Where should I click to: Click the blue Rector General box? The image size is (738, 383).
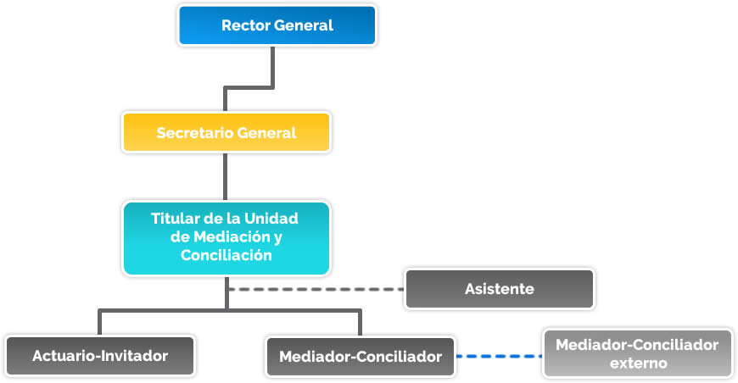(x=277, y=25)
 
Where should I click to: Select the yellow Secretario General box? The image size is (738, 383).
(x=226, y=133)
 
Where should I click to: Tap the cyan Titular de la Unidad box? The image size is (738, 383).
(x=226, y=237)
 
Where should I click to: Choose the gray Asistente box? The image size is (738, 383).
(x=499, y=289)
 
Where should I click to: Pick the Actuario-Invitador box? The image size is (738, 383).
(x=100, y=356)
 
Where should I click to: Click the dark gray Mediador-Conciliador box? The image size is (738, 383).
(x=361, y=357)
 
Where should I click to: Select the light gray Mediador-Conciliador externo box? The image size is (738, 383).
(x=637, y=353)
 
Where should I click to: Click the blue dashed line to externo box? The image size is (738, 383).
(x=499, y=356)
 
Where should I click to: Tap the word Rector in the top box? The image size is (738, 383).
(x=246, y=25)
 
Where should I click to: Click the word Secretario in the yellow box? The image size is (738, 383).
(x=195, y=133)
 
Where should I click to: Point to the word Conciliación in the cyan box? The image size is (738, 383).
(x=226, y=255)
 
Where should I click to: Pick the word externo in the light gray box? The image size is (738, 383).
(x=637, y=364)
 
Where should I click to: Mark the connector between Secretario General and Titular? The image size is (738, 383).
(x=226, y=176)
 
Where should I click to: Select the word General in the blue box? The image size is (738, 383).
(x=304, y=25)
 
